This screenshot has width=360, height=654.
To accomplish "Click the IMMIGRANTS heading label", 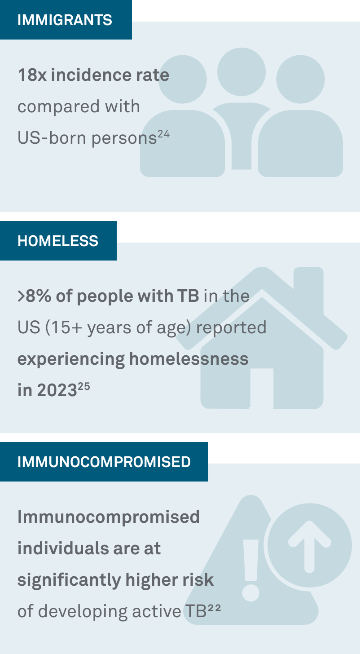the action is [x=65, y=20].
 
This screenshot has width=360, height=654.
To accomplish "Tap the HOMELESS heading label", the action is [x=58, y=241].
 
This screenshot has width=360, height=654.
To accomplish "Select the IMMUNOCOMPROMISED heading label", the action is [x=104, y=462].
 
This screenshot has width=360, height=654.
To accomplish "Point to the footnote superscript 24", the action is [x=164, y=134].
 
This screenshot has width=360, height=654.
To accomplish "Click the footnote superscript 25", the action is [x=84, y=387].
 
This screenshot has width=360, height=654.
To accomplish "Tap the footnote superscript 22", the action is [x=215, y=608].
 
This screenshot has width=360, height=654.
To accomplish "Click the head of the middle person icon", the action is [x=241, y=72].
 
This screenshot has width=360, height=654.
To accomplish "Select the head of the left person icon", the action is [x=183, y=79].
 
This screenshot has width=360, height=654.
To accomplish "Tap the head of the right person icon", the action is [x=300, y=79].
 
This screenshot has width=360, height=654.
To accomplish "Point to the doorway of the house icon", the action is [x=262, y=388].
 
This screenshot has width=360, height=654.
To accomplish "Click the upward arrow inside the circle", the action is [x=310, y=546].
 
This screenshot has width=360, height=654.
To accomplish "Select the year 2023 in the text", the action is [x=57, y=390].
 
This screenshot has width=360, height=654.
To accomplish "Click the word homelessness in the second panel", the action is [x=189, y=359].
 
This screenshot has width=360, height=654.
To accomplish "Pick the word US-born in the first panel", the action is [x=53, y=138].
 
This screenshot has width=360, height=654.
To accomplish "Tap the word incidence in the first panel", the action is [x=91, y=75].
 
